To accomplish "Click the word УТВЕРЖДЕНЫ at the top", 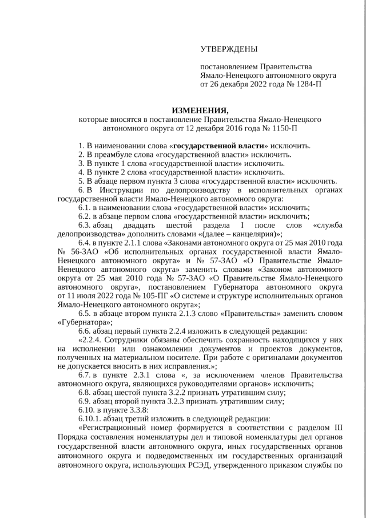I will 229,50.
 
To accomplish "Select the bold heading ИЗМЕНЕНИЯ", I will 200,110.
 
